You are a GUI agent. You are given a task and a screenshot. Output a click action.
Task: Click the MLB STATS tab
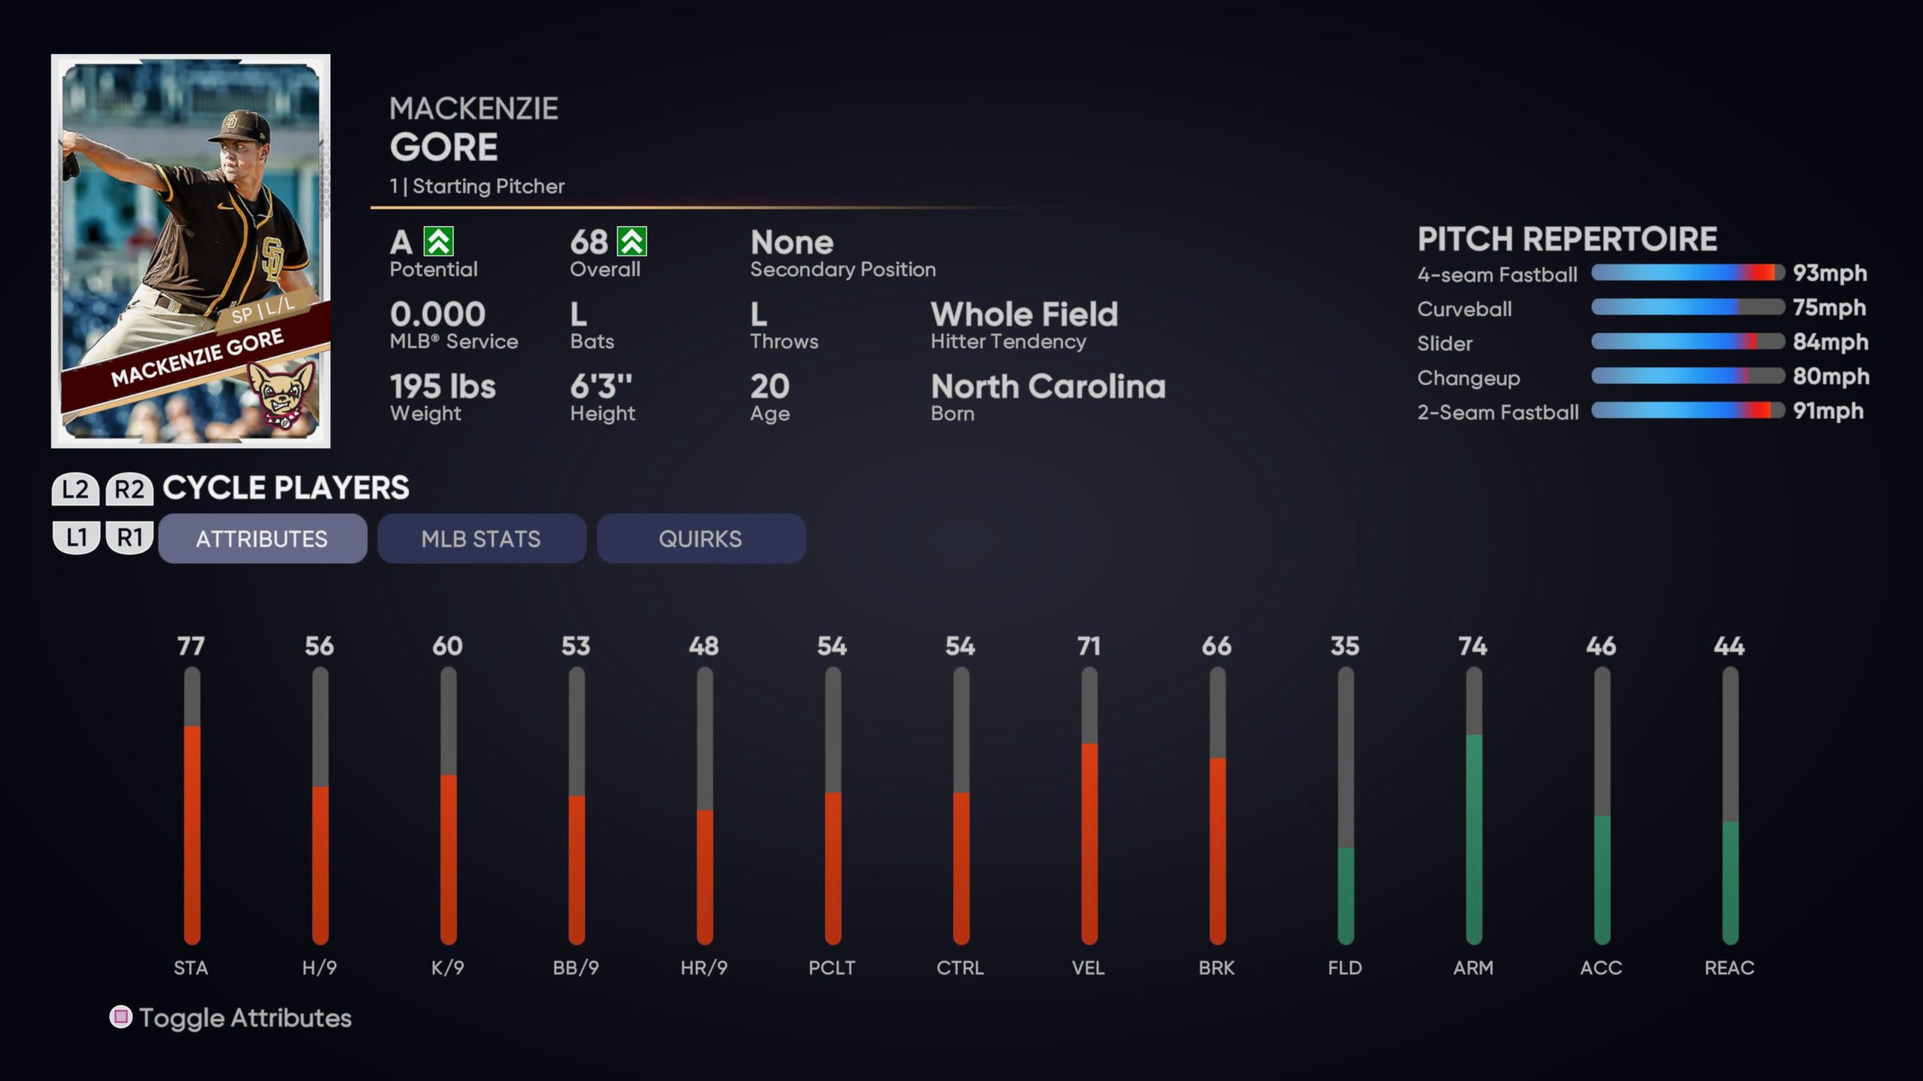click(x=481, y=538)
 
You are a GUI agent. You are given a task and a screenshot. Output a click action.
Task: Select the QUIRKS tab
click(x=700, y=538)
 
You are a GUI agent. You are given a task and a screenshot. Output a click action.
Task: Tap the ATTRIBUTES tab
click(x=262, y=538)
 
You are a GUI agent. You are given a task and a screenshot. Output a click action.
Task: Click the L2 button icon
click(x=75, y=489)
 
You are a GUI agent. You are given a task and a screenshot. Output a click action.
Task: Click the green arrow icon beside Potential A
click(x=439, y=242)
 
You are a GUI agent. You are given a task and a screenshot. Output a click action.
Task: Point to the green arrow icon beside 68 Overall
click(x=632, y=242)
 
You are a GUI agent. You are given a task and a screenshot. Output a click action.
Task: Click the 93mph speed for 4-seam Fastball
click(x=1829, y=273)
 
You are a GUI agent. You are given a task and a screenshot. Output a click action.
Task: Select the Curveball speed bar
click(x=1687, y=307)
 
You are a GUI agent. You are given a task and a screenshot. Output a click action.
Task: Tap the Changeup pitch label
click(x=1469, y=378)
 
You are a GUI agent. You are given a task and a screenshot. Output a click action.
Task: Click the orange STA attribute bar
click(x=192, y=833)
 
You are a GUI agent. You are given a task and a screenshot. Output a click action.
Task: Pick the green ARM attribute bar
click(x=1474, y=837)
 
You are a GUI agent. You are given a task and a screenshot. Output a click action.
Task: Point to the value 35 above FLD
click(x=1345, y=646)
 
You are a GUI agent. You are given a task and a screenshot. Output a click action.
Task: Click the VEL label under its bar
click(x=1088, y=968)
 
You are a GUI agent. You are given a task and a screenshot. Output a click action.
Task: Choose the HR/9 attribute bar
click(x=705, y=875)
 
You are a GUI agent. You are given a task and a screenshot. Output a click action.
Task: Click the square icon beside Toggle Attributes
click(x=120, y=1017)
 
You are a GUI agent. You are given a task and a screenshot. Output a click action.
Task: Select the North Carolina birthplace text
click(x=1048, y=387)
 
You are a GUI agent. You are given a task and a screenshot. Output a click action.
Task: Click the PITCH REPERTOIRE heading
click(x=1567, y=239)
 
